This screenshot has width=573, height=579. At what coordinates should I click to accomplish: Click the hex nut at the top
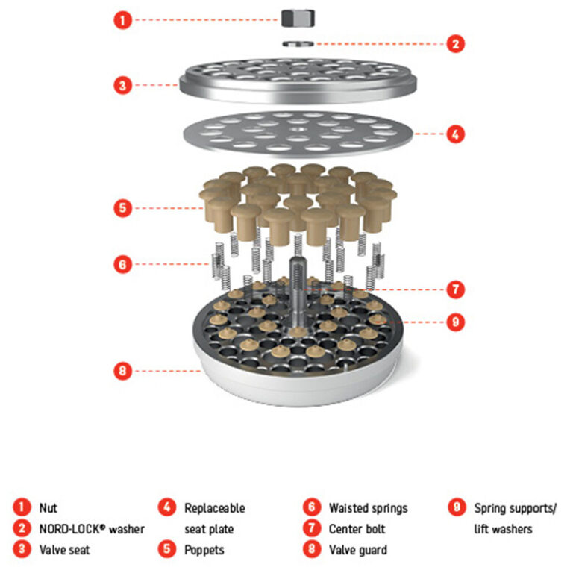point(298,18)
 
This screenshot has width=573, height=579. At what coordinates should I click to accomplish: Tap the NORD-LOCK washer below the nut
point(298,44)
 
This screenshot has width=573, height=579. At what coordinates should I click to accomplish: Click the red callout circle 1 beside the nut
point(122,20)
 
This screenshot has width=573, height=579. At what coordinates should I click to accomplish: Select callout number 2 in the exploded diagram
point(456,44)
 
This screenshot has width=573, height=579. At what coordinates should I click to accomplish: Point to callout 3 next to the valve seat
point(122,85)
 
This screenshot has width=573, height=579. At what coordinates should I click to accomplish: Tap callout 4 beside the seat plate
point(456,134)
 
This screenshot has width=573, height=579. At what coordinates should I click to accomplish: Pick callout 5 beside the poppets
point(122,208)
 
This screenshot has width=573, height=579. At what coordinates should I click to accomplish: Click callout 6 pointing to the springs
point(122,264)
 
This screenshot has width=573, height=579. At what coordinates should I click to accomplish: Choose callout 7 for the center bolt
point(456,289)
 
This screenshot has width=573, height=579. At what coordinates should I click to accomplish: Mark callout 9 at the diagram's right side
point(456,322)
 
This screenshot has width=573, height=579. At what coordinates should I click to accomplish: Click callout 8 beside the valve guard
point(122,371)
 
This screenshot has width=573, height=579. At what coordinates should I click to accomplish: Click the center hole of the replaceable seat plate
point(298,129)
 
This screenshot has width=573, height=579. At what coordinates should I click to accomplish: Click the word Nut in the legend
point(48,508)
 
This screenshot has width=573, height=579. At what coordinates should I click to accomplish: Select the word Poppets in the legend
point(204,550)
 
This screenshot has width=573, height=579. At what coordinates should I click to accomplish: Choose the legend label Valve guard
point(358,550)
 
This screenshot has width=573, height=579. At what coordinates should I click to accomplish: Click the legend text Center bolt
point(357,529)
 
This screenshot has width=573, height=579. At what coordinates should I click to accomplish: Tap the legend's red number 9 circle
point(457,507)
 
